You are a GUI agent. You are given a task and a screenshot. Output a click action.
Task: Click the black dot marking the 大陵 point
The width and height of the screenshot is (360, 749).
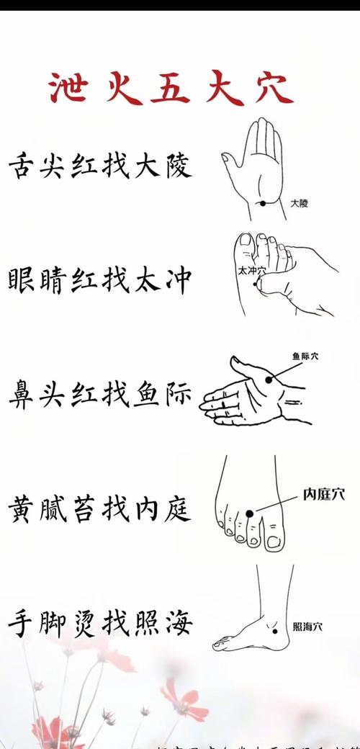coord(264,203)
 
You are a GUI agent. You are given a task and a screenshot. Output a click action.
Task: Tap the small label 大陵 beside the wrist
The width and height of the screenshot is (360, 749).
coord(299,204)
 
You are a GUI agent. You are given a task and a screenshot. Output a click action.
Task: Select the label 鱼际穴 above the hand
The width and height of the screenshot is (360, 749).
coord(305,356)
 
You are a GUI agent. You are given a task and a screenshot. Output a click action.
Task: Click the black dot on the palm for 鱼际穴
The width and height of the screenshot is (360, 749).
coord(269,379)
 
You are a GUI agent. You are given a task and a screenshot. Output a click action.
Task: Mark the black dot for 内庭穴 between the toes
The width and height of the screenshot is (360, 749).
coord(250,513)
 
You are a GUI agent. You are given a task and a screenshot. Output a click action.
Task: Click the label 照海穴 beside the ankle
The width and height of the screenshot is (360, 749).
coord(307,627)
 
